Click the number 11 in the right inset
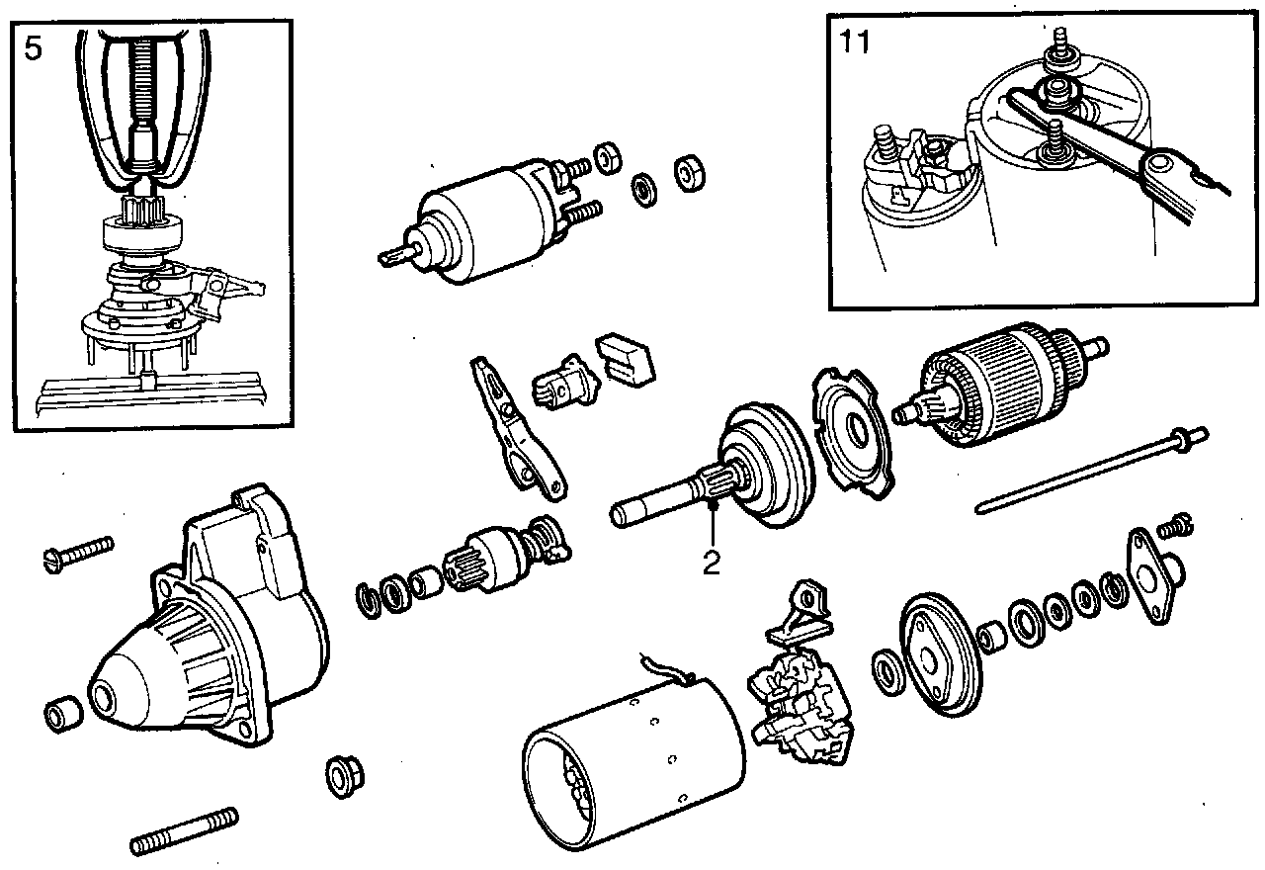click(855, 43)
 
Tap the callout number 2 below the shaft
click(712, 562)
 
